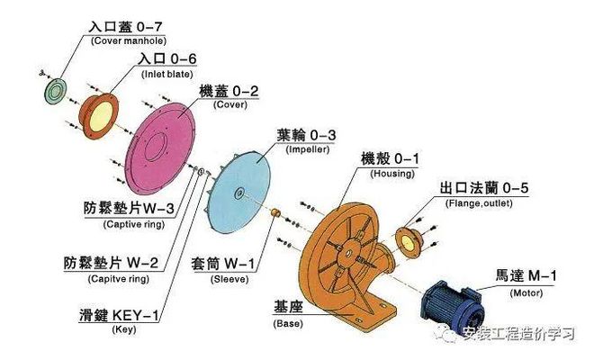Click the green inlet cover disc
(x=55, y=91)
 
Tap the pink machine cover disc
(x=160, y=148)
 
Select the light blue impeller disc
(x=239, y=193)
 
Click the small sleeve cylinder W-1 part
(x=275, y=212)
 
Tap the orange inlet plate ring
(x=98, y=116)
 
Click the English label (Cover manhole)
(x=129, y=40)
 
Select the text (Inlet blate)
(x=167, y=75)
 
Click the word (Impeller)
(x=307, y=149)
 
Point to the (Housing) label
(x=392, y=174)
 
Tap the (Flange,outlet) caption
(x=479, y=203)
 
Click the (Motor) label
(x=526, y=292)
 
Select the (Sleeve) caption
(x=229, y=279)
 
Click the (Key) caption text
(x=124, y=329)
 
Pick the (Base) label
(x=288, y=324)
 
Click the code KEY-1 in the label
(x=136, y=315)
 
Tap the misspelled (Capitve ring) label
(x=119, y=279)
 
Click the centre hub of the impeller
(x=238, y=193)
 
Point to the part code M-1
(x=543, y=275)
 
